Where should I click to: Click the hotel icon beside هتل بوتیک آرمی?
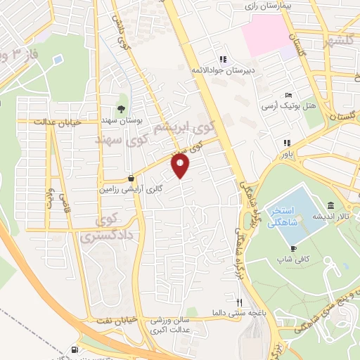coord(288,96)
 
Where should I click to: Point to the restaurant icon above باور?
coord(287,142)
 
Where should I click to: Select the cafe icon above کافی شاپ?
coord(292,248)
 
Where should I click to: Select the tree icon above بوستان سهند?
coord(122,108)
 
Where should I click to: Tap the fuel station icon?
coord(75,349)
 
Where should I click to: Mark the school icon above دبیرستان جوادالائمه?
coord(222,59)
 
